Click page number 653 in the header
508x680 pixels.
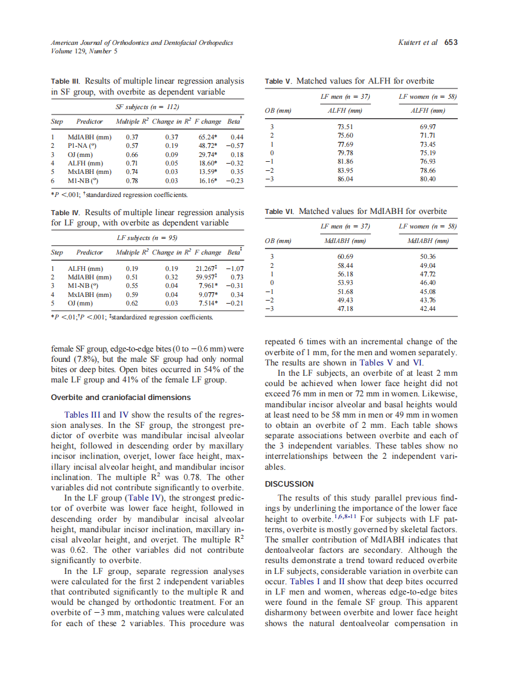(450, 43)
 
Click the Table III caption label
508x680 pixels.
(66, 81)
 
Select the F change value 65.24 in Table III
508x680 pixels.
(208, 138)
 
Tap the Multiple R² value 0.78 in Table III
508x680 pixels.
(132, 180)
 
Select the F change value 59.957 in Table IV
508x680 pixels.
(207, 277)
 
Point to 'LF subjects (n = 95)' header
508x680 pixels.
(147, 238)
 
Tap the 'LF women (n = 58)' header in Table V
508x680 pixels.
(427, 97)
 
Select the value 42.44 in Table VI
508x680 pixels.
(428, 308)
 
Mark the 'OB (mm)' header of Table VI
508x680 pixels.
(279, 241)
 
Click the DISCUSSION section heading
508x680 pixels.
(289, 484)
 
